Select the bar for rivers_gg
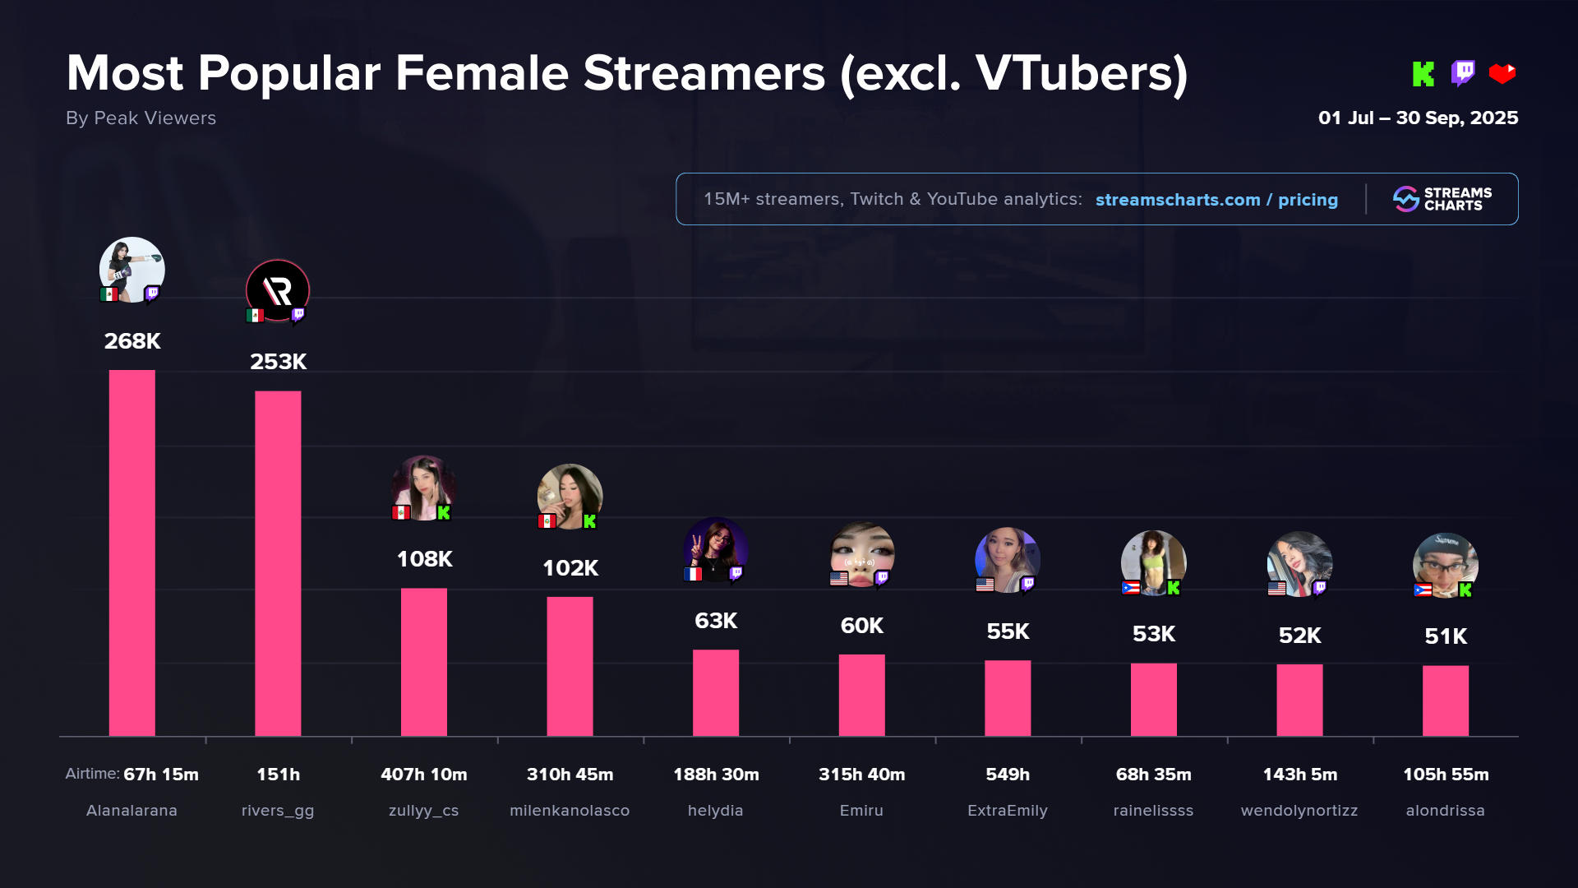pyautogui.click(x=278, y=563)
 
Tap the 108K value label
pyautogui.click(x=424, y=559)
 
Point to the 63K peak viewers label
pyautogui.click(x=715, y=621)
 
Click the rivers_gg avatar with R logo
pyautogui.click(x=278, y=290)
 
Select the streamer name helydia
pyautogui.click(x=715, y=811)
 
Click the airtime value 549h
pyautogui.click(x=1008, y=775)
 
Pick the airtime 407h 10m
pyautogui.click(x=423, y=775)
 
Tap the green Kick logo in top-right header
pyautogui.click(x=1423, y=74)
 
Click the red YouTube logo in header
pyautogui.click(x=1502, y=74)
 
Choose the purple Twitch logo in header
pyautogui.click(x=1463, y=73)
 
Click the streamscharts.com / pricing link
pyautogui.click(x=1216, y=200)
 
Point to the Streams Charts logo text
pyautogui.click(x=1457, y=199)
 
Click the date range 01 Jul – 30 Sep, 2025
pyautogui.click(x=1418, y=118)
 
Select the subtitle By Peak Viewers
pyautogui.click(x=141, y=118)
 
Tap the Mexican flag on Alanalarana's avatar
pyautogui.click(x=109, y=294)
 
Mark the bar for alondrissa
pyautogui.click(x=1446, y=701)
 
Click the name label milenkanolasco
pyautogui.click(x=570, y=811)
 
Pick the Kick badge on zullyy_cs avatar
pyautogui.click(x=444, y=513)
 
